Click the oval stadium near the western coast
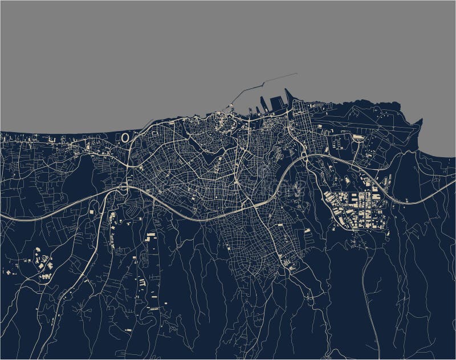pyautogui.click(x=125, y=137)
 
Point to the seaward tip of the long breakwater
pyautogui.click(x=297, y=73)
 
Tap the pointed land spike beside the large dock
pyautogui.click(x=288, y=99)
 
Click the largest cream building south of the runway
pyautogui.click(x=358, y=137)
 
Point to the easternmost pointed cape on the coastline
pyautogui.click(x=421, y=121)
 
